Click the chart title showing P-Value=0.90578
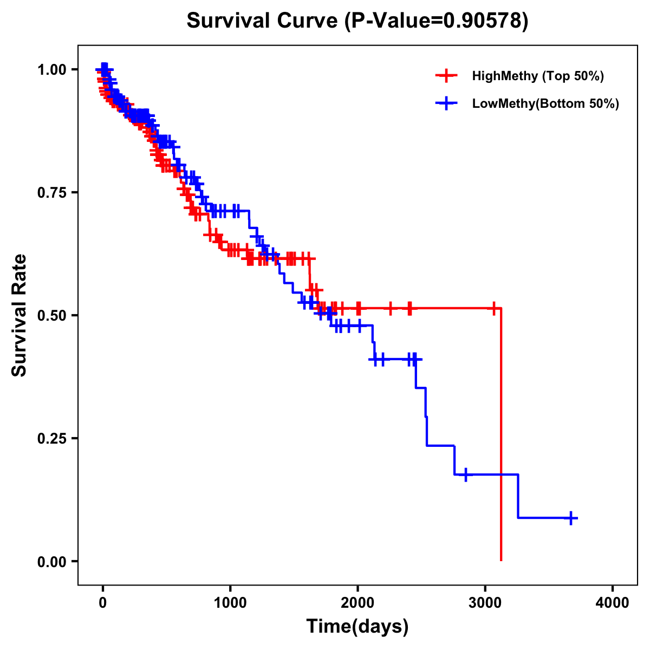pyautogui.click(x=357, y=21)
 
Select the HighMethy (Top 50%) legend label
pyautogui.click(x=538, y=76)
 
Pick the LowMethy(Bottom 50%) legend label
pyautogui.click(x=545, y=103)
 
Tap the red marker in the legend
pyautogui.click(x=446, y=76)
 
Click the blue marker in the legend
pyautogui.click(x=446, y=103)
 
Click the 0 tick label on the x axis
pyautogui.click(x=102, y=603)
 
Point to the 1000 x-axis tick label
pyautogui.click(x=230, y=603)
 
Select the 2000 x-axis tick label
pyautogui.click(x=357, y=603)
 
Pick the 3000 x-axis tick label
pyautogui.click(x=485, y=603)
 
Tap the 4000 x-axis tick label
pyautogui.click(x=613, y=603)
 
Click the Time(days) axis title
pyautogui.click(x=357, y=627)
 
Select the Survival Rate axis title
pyautogui.click(x=19, y=315)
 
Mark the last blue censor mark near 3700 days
pyautogui.click(x=571, y=518)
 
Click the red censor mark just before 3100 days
pyautogui.click(x=494, y=308)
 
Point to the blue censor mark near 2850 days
pyautogui.click(x=465, y=474)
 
